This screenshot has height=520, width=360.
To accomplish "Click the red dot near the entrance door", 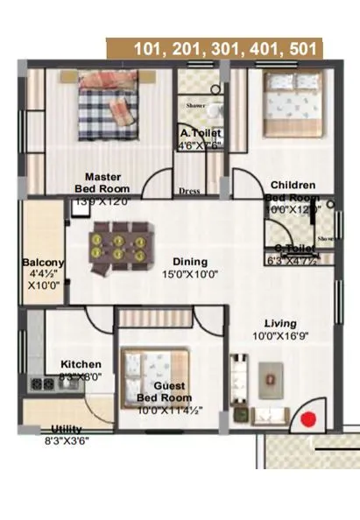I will pyautogui.click(x=307, y=419).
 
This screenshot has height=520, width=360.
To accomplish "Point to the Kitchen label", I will pyautogui.click(x=81, y=364).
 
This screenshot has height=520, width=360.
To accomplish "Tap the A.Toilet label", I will pyautogui.click(x=201, y=133).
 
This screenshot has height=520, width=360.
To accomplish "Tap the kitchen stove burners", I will pyautogui.click(x=41, y=383).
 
